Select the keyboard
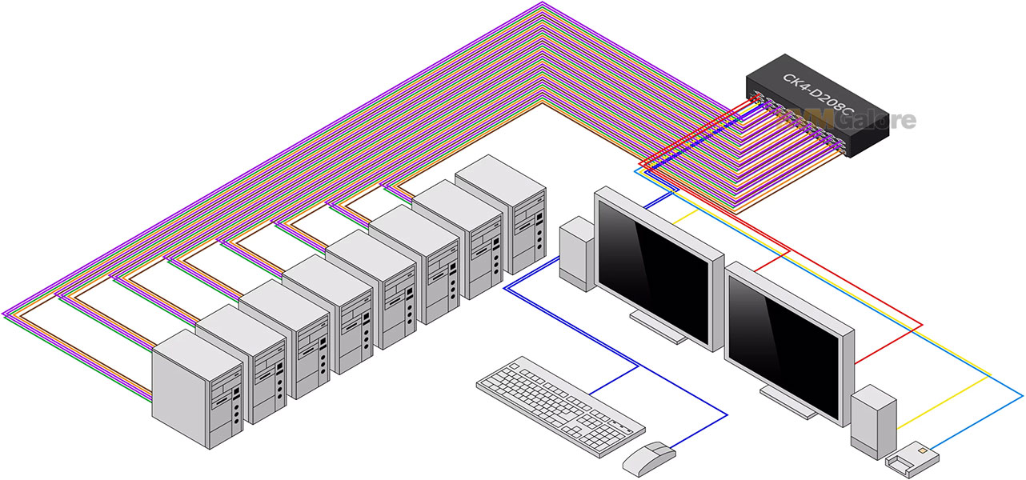pyautogui.click(x=560, y=405)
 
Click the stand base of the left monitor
pyautogui.click(x=658, y=329)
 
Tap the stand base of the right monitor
pyautogui.click(x=788, y=404)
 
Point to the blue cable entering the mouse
pyautogui.click(x=696, y=433)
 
